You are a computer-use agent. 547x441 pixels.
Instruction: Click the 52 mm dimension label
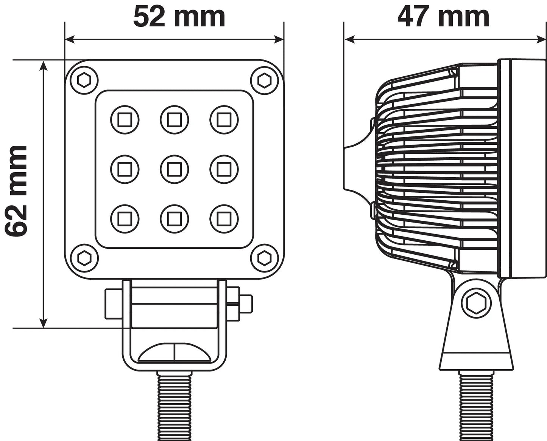[x=179, y=17]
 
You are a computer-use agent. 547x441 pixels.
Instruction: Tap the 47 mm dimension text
[x=443, y=17]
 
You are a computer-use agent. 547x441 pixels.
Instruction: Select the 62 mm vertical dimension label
[x=16, y=192]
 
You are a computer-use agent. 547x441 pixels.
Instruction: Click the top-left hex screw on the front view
[x=84, y=80]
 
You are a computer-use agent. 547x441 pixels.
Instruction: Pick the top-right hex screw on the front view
[x=264, y=80]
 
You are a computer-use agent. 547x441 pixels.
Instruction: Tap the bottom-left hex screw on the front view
[x=84, y=258]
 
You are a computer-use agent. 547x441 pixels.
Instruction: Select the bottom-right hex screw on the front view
[x=264, y=258]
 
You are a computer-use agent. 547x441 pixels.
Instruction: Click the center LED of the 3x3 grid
[x=175, y=169]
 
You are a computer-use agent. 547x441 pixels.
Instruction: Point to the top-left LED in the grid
[x=125, y=120]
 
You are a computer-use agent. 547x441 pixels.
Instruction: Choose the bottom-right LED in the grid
[x=224, y=219]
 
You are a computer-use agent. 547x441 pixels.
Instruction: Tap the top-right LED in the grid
[x=224, y=120]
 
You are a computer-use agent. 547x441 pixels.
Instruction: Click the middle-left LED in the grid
[x=125, y=169]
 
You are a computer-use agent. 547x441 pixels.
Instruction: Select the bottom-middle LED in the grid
[x=175, y=219]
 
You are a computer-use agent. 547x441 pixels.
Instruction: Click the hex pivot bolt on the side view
[x=476, y=304]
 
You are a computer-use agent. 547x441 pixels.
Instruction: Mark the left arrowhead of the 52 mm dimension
[x=70, y=40]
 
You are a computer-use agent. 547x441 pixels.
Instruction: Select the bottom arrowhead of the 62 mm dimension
[x=44, y=323]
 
